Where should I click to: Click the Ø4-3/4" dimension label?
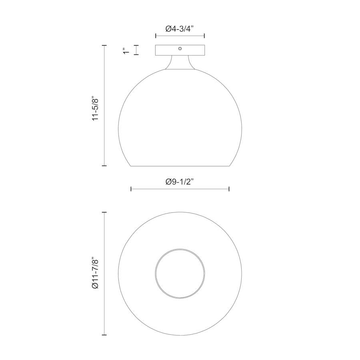pos(180,29)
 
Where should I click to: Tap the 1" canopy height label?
pos(127,50)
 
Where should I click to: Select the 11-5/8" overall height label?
pos(95,108)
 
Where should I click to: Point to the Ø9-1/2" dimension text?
pos(180,182)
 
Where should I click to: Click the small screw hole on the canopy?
pos(180,48)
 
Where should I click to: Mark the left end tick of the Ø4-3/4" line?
pos(156,36)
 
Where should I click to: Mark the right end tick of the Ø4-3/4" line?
pos(205,36)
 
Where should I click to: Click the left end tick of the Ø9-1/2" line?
pos(131,189)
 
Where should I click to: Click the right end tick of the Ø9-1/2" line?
pos(229,189)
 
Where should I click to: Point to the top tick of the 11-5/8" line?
pos(104,46)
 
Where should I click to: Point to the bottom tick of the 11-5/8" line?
pos(104,165)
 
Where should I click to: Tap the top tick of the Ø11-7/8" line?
pos(104,212)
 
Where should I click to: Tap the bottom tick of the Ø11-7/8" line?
pos(104,335)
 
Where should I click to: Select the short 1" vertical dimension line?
pos(137,50)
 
